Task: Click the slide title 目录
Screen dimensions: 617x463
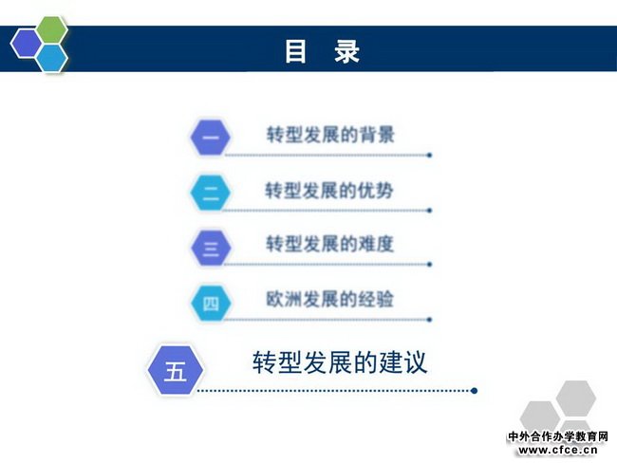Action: coord(323,51)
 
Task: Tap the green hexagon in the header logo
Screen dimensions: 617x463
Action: coord(52,30)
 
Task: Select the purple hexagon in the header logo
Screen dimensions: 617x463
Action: coord(26,44)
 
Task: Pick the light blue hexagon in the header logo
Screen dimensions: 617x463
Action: coord(51,58)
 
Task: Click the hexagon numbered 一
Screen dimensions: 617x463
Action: coord(211,138)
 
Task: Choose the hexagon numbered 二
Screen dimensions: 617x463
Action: coord(211,193)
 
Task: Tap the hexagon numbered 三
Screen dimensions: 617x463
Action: coord(211,248)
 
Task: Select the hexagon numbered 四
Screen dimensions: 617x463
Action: coord(211,304)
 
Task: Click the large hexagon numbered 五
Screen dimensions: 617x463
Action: coord(175,370)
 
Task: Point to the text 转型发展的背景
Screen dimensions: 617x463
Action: coord(330,135)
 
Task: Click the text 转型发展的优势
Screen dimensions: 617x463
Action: coord(329,191)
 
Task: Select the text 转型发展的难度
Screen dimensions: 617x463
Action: coord(329,244)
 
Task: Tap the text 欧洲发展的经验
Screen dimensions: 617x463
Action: coord(329,299)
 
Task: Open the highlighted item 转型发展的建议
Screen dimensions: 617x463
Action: coord(340,362)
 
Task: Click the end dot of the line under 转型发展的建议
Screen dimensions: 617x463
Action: coord(475,391)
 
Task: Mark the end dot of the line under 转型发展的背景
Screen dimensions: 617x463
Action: coord(429,156)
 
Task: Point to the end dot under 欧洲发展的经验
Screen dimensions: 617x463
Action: coord(429,320)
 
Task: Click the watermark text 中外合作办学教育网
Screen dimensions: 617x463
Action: coord(558,436)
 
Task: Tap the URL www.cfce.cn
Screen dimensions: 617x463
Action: coord(558,450)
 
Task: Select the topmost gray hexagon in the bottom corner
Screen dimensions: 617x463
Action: coord(575,398)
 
